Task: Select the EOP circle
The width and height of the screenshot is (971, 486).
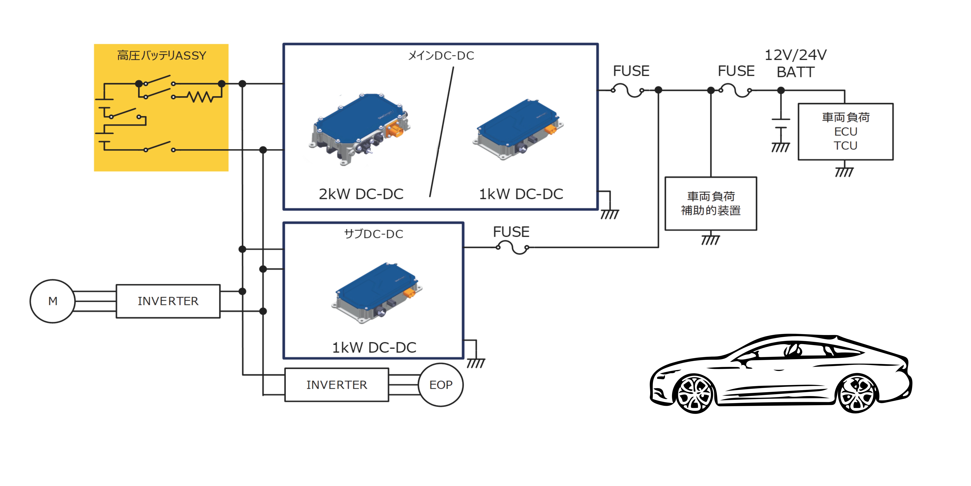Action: (x=441, y=384)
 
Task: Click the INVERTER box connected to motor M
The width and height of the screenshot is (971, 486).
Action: (x=168, y=301)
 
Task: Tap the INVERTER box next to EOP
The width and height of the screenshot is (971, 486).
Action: (x=336, y=384)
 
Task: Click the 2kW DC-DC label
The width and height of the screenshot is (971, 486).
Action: (x=361, y=194)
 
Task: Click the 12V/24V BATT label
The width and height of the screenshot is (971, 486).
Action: (x=795, y=63)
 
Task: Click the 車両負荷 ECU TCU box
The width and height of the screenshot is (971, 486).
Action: (x=845, y=131)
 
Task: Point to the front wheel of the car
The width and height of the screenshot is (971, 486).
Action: (x=694, y=393)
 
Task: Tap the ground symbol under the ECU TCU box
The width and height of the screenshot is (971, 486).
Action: (x=844, y=172)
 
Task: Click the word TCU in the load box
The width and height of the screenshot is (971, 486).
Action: (x=845, y=146)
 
